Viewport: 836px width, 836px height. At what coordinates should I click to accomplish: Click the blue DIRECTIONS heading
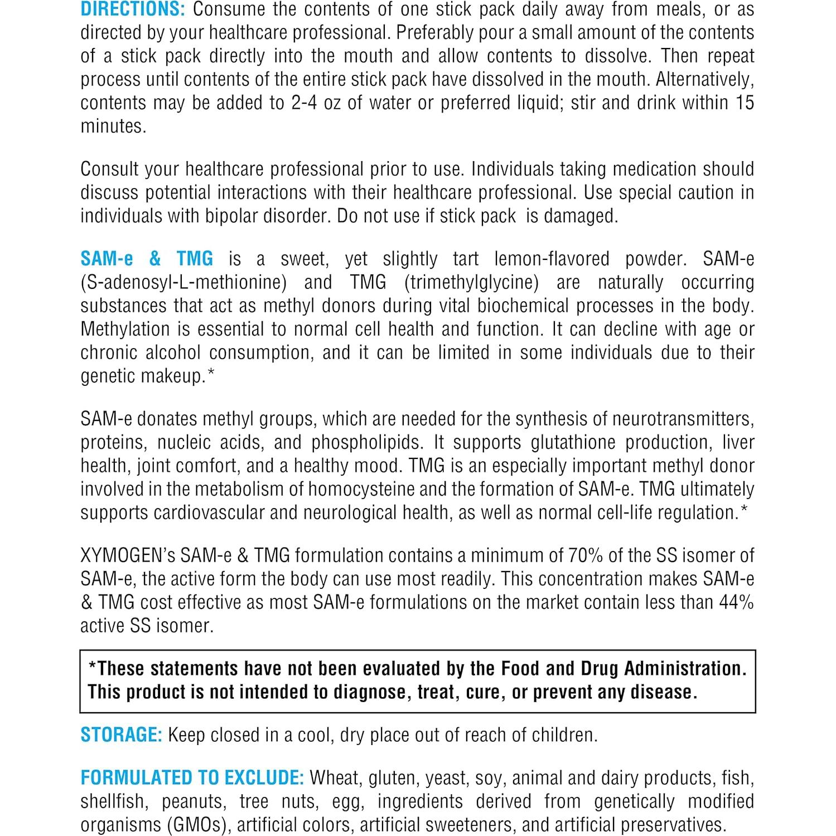pyautogui.click(x=132, y=9)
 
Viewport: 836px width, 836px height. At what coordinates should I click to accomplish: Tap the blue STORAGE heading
pyautogui.click(x=121, y=735)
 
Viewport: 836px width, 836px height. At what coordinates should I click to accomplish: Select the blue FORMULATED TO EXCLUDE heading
pyautogui.click(x=192, y=778)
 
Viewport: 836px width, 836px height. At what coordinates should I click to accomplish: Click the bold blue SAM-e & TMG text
pyautogui.click(x=147, y=259)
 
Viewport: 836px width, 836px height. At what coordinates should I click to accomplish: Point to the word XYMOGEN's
pyautogui.click(x=128, y=555)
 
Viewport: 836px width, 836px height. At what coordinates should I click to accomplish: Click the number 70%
pyautogui.click(x=585, y=555)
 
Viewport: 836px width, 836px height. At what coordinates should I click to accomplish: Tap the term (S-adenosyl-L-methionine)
pyautogui.click(x=183, y=282)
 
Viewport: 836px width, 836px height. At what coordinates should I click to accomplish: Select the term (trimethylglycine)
pyautogui.click(x=471, y=282)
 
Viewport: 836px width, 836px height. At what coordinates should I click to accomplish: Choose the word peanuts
pyautogui.click(x=194, y=801)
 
